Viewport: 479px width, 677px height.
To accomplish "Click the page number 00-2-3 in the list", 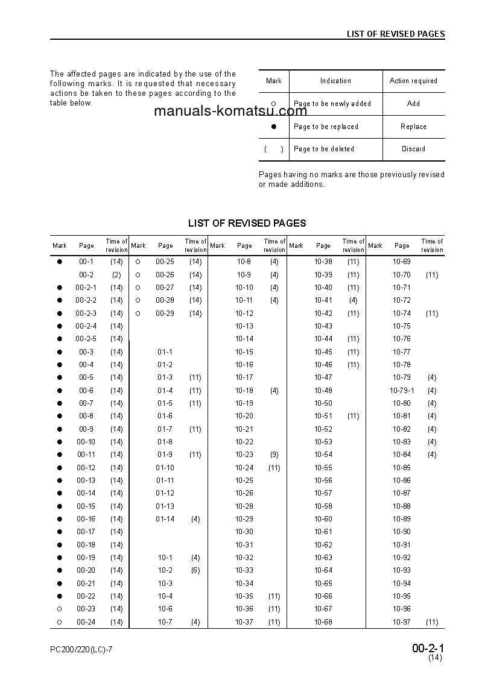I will (86, 313).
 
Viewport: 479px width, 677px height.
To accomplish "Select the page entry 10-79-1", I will (402, 391).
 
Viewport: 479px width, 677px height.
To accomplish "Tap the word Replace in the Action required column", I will (413, 127).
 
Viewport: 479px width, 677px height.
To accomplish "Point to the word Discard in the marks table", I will (413, 149).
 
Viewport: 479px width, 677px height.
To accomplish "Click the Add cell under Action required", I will (413, 104).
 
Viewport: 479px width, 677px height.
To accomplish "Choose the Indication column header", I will (335, 81).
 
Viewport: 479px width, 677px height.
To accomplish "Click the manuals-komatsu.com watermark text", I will (230, 112).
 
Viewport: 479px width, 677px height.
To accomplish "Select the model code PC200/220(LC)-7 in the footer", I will (81, 649).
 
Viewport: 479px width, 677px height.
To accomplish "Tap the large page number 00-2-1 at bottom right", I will (428, 649).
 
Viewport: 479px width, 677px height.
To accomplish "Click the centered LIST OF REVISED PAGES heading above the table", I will (247, 223).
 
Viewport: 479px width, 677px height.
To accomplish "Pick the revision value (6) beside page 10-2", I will (195, 570).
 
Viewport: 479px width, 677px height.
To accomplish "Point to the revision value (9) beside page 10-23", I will (274, 455).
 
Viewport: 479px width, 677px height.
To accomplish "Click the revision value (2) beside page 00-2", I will (116, 275).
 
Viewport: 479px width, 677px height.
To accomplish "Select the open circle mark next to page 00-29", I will (138, 313).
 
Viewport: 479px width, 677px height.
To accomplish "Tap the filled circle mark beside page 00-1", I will (60, 262).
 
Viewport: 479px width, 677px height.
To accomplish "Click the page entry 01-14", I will (165, 519).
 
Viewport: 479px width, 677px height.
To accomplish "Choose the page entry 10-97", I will (402, 622).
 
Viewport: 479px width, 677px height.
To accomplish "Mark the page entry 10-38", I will (323, 262).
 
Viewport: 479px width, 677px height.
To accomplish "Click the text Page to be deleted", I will (324, 149).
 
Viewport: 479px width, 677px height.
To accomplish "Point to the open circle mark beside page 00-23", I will (60, 609).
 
